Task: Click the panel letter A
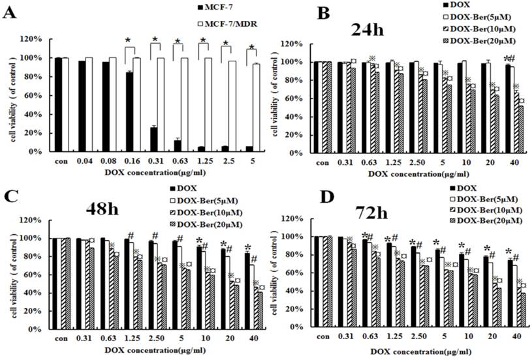click(x=11, y=12)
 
